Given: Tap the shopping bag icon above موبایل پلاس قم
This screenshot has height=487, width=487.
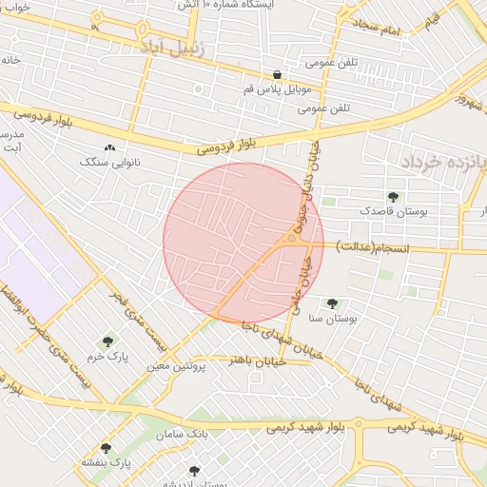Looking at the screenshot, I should click(277, 75).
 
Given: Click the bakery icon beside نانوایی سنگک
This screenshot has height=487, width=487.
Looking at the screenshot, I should click(110, 148).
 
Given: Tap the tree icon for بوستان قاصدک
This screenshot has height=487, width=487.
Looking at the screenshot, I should click(393, 197).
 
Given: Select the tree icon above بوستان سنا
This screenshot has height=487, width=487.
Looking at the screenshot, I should click(331, 304).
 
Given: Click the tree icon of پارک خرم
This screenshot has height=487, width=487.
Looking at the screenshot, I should click(106, 341).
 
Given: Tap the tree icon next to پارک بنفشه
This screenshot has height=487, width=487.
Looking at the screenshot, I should click(106, 447).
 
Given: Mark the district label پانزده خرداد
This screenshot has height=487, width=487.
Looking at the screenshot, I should click(439, 162).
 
